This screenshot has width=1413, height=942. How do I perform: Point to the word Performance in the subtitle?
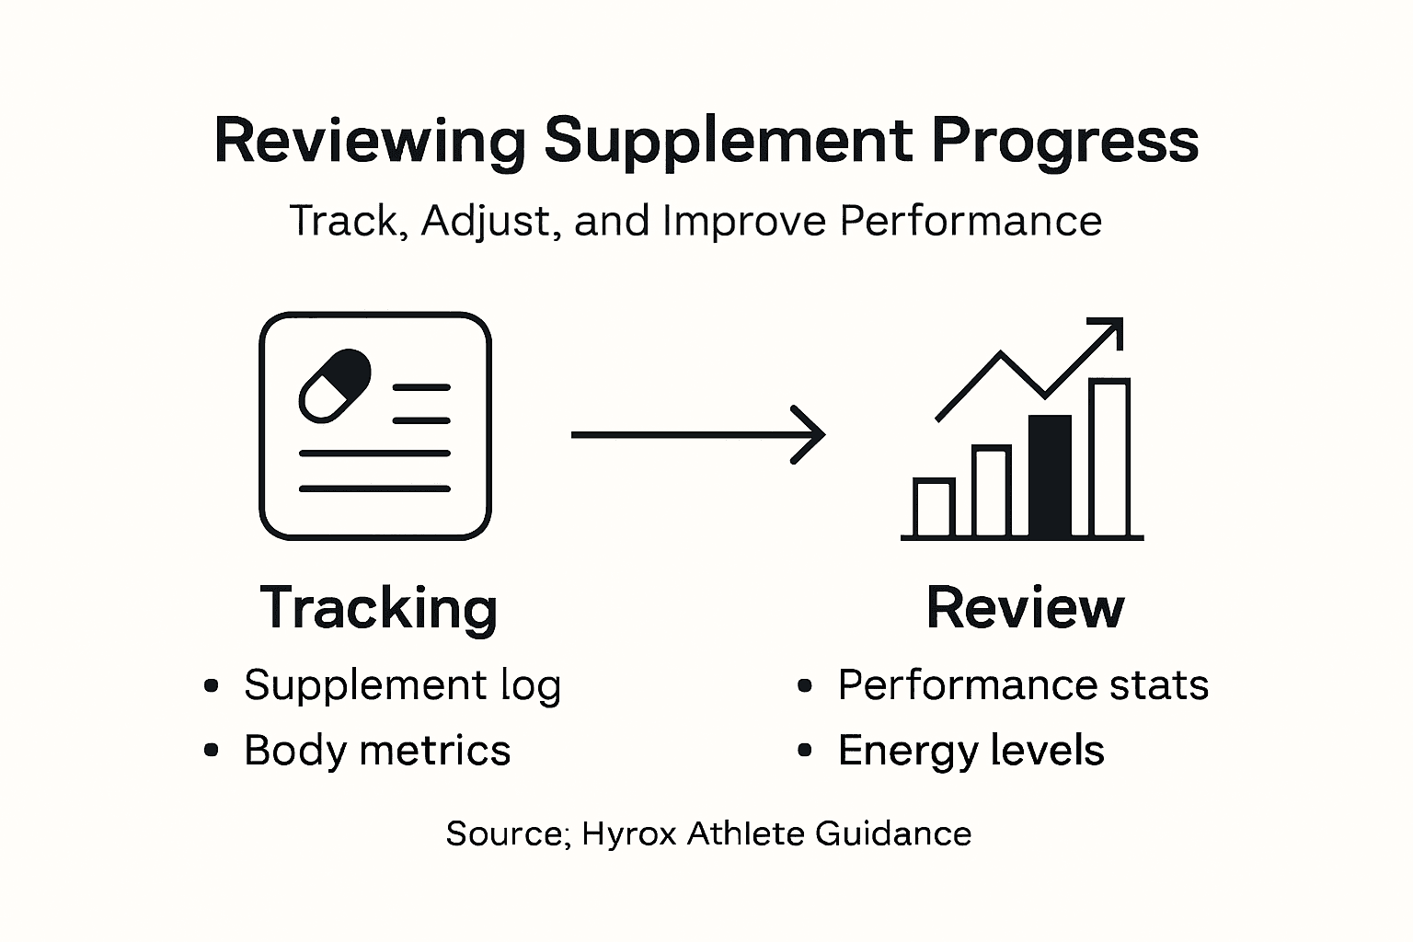(x=971, y=221)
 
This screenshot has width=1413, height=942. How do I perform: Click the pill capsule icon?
(x=335, y=385)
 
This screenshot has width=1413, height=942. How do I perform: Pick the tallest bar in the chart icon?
(x=1109, y=457)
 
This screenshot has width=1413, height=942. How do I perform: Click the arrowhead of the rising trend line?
(x=1110, y=330)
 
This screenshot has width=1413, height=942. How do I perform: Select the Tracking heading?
(x=379, y=608)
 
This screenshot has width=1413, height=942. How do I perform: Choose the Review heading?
(x=1025, y=608)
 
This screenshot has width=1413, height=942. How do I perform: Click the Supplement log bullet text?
(x=402, y=685)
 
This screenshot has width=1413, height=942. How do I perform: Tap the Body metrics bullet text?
(x=376, y=751)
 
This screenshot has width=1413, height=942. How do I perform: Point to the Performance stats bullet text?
(x=1022, y=685)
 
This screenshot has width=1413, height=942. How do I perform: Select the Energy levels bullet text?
(x=971, y=751)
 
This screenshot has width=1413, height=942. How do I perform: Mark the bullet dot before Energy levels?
(x=806, y=751)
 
